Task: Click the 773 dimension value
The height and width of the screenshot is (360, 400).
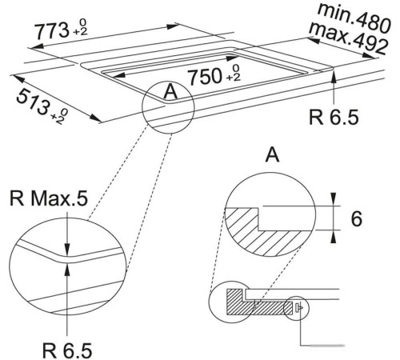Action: pos(51,30)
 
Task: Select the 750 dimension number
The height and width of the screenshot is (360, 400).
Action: pos(205,77)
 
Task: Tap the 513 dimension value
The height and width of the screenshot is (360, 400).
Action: pos(33,102)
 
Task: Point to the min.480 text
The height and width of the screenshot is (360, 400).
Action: pos(354,18)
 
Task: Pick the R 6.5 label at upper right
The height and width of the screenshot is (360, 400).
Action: pos(334,117)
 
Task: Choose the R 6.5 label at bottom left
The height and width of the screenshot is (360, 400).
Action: pos(67,350)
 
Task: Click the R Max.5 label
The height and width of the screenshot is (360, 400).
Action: pos(49,198)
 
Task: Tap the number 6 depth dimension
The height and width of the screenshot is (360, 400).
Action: pos(356,218)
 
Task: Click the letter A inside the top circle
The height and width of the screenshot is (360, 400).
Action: pos(170,91)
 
